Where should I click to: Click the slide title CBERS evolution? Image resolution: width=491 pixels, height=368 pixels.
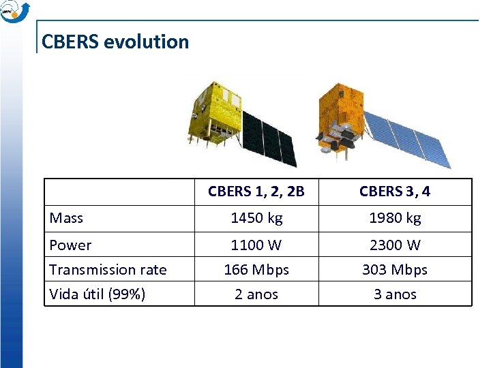pyautogui.click(x=115, y=42)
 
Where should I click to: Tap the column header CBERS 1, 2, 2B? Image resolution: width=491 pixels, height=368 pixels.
pyautogui.click(x=256, y=191)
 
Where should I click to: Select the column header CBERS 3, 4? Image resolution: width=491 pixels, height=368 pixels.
pyautogui.click(x=395, y=191)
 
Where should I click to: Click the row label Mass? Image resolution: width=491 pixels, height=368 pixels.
pyautogui.click(x=67, y=218)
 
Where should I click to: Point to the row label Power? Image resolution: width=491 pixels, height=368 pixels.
pyautogui.click(x=71, y=245)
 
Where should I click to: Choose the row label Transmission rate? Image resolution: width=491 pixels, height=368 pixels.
pyautogui.click(x=108, y=270)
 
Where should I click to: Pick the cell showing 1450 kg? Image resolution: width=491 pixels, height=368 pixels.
pyautogui.click(x=256, y=218)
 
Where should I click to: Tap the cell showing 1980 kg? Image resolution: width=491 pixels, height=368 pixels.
pyautogui.click(x=395, y=218)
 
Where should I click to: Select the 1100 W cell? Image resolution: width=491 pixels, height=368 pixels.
pyautogui.click(x=256, y=245)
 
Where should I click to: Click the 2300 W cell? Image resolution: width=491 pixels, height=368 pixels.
pyautogui.click(x=395, y=245)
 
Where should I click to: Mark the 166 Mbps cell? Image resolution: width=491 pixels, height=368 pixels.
pyautogui.click(x=256, y=270)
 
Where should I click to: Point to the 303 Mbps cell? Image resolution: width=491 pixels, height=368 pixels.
pyautogui.click(x=395, y=270)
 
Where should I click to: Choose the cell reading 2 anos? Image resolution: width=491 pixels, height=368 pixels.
pyautogui.click(x=256, y=294)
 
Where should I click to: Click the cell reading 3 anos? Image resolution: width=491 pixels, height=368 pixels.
pyautogui.click(x=395, y=294)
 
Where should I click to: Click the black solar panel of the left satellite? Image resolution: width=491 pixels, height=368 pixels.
pyautogui.click(x=269, y=140)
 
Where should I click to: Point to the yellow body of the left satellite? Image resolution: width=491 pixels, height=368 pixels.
pyautogui.click(x=215, y=112)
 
